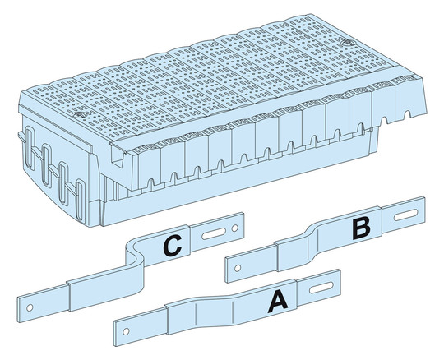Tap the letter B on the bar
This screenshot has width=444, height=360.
tap(361, 228)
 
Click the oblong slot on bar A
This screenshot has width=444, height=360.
tap(321, 288)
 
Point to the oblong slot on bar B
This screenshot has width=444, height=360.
tap(406, 215)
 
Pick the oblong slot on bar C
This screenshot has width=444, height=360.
tap(214, 234)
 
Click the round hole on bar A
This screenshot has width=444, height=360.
tap(127, 331)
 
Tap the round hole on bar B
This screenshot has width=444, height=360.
tap(238, 267)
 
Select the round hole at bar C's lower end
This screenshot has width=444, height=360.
tap(30, 307)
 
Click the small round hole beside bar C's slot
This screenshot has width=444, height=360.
tap(234, 228)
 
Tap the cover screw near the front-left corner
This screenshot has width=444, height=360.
tap(79, 115)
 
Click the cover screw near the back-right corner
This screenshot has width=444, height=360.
tap(347, 43)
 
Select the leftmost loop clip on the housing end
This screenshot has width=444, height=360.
tap(30, 148)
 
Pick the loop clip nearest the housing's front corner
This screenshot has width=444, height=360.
tap(81, 201)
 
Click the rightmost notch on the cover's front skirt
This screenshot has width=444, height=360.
tap(407, 114)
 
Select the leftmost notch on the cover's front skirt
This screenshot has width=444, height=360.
tap(151, 184)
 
